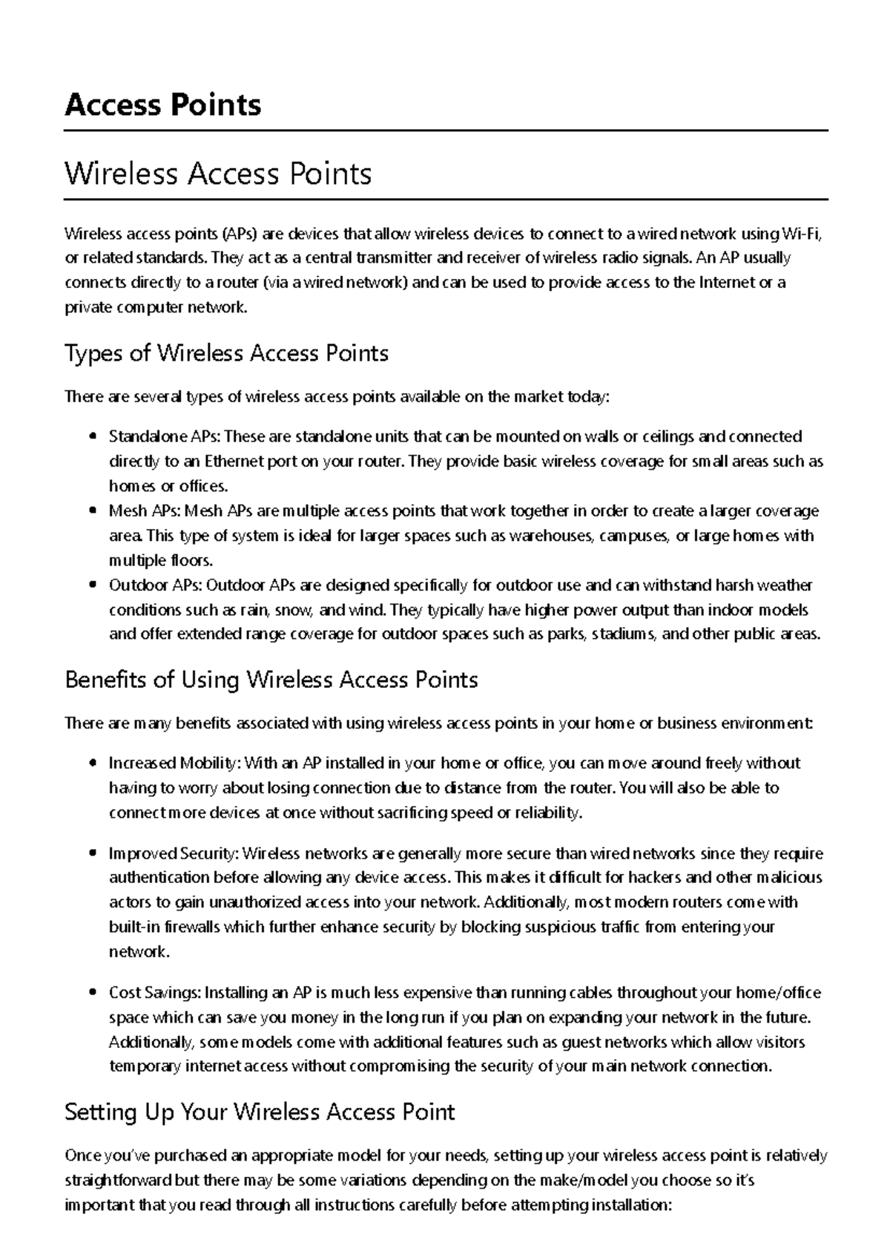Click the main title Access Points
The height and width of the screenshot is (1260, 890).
(x=163, y=105)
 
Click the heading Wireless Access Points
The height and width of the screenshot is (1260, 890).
(x=218, y=174)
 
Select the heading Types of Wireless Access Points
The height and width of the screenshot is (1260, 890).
(x=226, y=353)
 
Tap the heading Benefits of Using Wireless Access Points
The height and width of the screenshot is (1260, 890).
(x=271, y=680)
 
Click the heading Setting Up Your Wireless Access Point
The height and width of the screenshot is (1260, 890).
(x=260, y=1112)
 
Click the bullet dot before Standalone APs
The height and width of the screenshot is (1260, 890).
(x=92, y=436)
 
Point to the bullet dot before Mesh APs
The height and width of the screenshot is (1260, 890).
(x=92, y=511)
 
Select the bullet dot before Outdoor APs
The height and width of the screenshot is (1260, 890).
(x=92, y=585)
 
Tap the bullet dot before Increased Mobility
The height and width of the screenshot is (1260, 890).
(x=92, y=763)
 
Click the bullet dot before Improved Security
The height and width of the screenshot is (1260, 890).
(x=92, y=853)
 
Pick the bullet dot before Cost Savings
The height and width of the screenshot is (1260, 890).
(x=92, y=993)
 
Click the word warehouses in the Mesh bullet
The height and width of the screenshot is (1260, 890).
(x=552, y=536)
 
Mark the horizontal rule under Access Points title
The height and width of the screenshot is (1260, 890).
(x=445, y=131)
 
